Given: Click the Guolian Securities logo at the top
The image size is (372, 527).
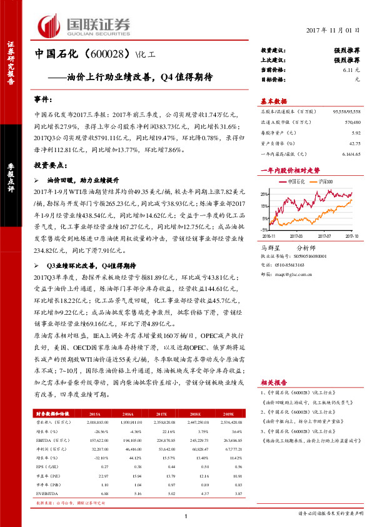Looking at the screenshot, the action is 84,26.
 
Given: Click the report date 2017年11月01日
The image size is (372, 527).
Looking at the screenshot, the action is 335,30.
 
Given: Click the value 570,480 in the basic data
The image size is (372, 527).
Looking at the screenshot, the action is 351,122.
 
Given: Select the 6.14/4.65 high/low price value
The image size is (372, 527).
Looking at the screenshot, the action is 350,153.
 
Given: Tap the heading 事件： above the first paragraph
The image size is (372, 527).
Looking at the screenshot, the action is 43,100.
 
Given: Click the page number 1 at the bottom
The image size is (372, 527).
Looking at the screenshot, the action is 186,515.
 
